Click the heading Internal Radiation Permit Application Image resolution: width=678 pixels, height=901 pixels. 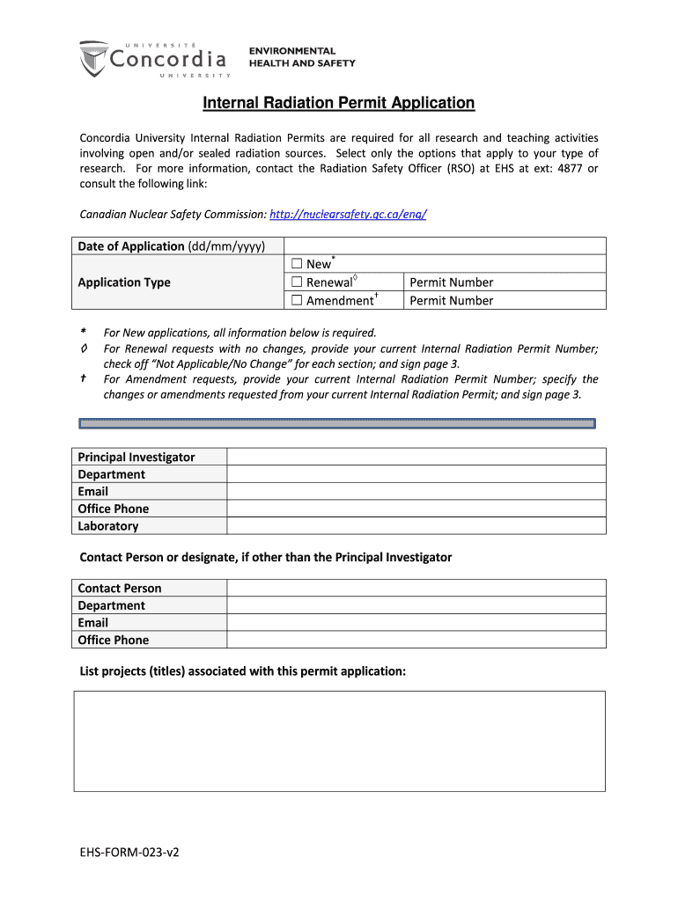(339, 104)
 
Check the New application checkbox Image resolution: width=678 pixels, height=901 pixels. (297, 264)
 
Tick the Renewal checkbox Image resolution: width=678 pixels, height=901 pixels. (297, 282)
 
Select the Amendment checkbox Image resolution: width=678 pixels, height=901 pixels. (297, 300)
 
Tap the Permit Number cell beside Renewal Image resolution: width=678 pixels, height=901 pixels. (505, 282)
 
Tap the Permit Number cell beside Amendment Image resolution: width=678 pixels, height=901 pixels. (505, 300)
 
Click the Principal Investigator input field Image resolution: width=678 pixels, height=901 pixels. (416, 457)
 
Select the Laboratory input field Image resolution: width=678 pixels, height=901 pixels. (416, 526)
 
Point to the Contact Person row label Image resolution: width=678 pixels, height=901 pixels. (120, 588)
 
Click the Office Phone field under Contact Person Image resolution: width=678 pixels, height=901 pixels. (416, 640)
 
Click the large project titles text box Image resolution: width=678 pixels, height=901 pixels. (339, 741)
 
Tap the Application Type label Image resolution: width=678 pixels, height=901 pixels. (124, 282)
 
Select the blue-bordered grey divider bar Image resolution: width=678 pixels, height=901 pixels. (337, 423)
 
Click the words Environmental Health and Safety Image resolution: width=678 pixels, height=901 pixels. (302, 57)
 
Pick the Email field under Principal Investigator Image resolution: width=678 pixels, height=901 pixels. (416, 491)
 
